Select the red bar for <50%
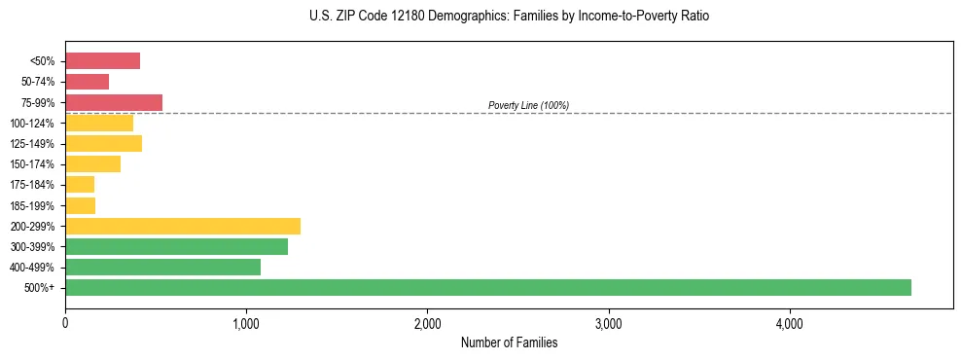(x=102, y=61)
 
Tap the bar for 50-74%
(x=87, y=82)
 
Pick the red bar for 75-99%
(x=114, y=102)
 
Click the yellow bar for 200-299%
(x=183, y=226)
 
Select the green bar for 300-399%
(x=176, y=247)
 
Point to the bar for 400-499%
(x=162, y=268)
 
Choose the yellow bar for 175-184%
(x=80, y=185)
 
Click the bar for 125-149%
(x=103, y=144)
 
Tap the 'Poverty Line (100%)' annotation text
(x=528, y=105)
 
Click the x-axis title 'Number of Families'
(x=509, y=342)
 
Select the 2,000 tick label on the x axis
(x=427, y=323)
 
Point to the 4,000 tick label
(x=789, y=323)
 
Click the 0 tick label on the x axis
(x=65, y=323)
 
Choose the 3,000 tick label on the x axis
(x=608, y=323)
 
